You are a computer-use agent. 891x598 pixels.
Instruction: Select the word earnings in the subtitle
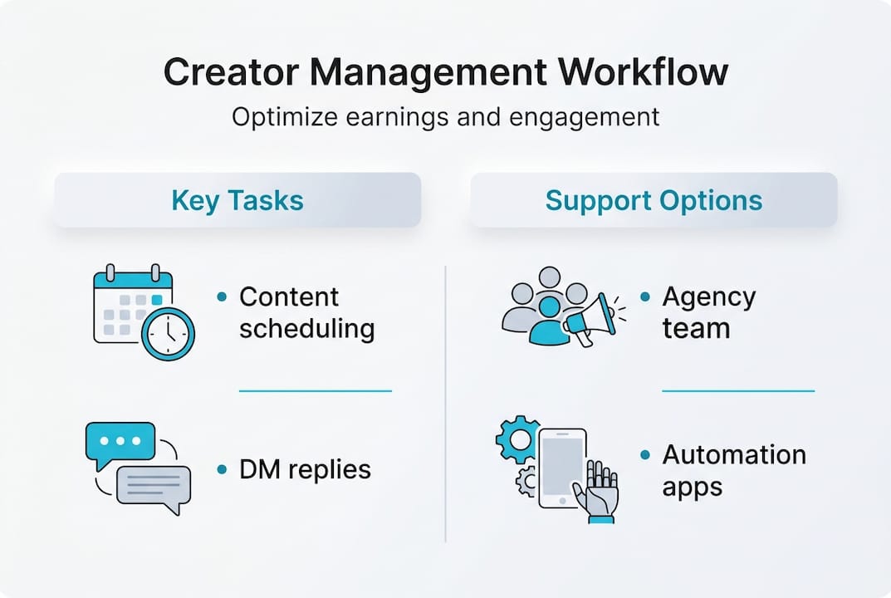point(399,117)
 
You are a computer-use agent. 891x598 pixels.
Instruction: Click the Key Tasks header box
point(237,200)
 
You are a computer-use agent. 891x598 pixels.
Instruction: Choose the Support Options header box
point(654,200)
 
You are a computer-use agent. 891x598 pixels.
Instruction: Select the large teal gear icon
point(516,439)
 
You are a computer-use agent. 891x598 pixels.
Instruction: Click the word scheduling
point(306,329)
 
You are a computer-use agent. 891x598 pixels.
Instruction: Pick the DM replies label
point(305,470)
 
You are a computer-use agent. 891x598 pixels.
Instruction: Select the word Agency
point(708,297)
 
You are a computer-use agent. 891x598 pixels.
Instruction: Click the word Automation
point(734,455)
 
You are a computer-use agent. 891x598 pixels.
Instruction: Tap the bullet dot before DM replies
point(222,470)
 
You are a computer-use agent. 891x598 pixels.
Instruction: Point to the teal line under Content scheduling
point(315,390)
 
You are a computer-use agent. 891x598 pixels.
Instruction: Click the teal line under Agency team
point(737,390)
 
